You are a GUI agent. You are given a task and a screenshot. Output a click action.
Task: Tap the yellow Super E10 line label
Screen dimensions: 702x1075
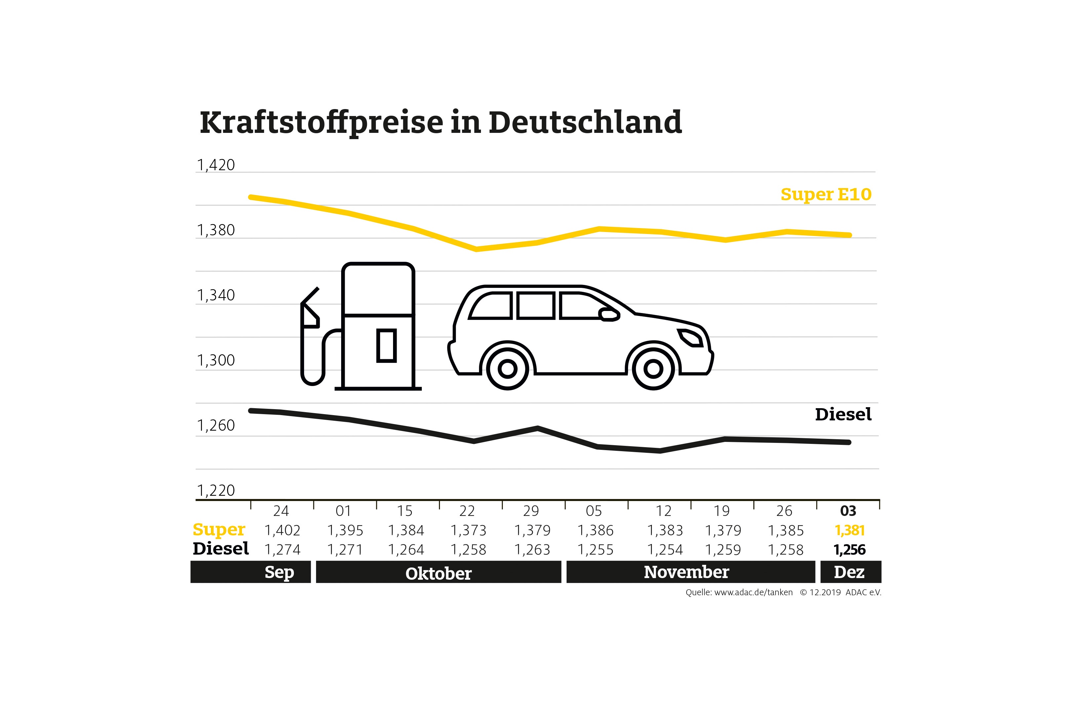pyautogui.click(x=826, y=194)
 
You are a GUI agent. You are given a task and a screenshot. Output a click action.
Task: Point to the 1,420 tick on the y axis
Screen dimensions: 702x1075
pyautogui.click(x=216, y=165)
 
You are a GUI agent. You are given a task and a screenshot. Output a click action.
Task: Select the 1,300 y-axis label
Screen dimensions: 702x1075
pyautogui.click(x=216, y=361)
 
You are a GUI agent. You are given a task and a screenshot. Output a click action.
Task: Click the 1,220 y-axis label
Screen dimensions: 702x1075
pyautogui.click(x=216, y=490)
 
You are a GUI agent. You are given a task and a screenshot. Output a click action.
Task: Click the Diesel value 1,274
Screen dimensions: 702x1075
pyautogui.click(x=282, y=550)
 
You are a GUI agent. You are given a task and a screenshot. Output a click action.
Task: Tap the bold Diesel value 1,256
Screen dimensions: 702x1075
pyautogui.click(x=849, y=550)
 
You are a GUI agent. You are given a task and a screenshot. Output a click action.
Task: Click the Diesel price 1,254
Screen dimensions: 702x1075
pyautogui.click(x=665, y=550)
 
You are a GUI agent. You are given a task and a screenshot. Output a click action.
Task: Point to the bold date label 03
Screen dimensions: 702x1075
pyautogui.click(x=848, y=511)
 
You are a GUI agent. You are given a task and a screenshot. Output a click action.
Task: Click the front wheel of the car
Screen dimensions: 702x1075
pyautogui.click(x=653, y=369)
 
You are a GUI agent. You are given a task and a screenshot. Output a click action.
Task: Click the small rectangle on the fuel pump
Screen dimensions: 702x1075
pyautogui.click(x=387, y=346)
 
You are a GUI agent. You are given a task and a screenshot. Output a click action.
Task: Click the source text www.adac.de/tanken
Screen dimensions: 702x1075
pyautogui.click(x=753, y=592)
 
